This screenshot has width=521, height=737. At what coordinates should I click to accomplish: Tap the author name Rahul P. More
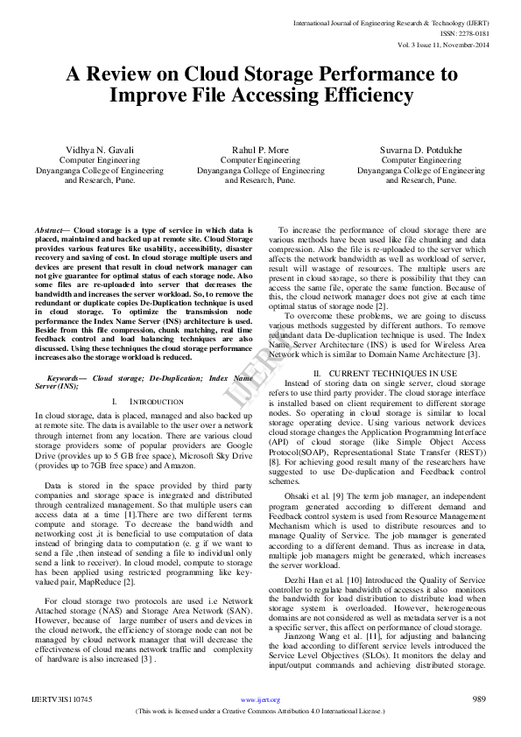click(x=260, y=150)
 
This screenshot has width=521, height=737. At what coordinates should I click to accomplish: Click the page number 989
click(x=479, y=699)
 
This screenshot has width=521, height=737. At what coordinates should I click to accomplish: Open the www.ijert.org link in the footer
click(x=260, y=700)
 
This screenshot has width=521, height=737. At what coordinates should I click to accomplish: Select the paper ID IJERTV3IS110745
click(x=61, y=700)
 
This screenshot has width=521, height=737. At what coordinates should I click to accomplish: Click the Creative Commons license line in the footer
click(x=260, y=711)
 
